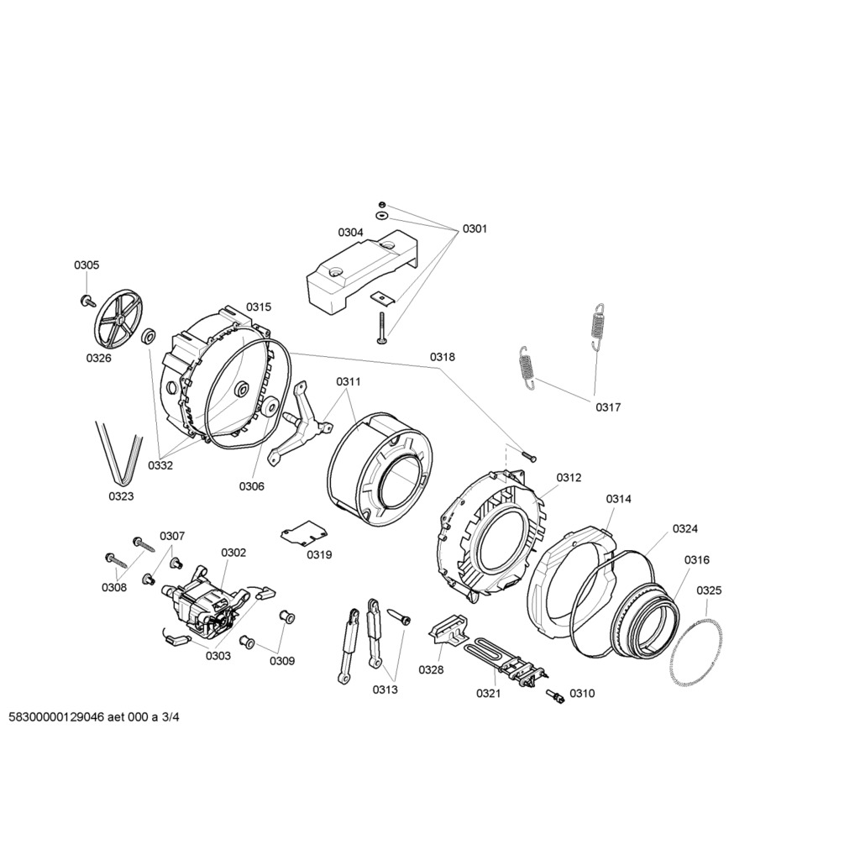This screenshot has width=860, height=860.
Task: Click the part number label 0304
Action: coord(350,233)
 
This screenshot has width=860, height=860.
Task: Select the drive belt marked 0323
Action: coord(119,453)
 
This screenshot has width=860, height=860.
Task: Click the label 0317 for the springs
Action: coord(608,407)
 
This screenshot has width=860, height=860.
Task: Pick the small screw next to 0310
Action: coord(555,696)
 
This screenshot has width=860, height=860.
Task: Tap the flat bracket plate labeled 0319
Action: coord(304,533)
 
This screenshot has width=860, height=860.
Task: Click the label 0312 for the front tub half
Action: coord(569,478)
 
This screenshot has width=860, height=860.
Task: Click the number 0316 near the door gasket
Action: coord(696,560)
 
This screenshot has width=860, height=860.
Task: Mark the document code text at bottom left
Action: coord(94,718)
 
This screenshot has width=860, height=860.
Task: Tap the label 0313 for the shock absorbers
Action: coord(385,690)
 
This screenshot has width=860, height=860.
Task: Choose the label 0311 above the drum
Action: coord(349,381)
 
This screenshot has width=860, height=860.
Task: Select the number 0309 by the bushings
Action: coord(282,661)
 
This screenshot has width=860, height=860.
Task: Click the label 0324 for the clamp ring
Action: coord(685,529)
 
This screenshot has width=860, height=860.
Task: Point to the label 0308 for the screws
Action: coord(114,587)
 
